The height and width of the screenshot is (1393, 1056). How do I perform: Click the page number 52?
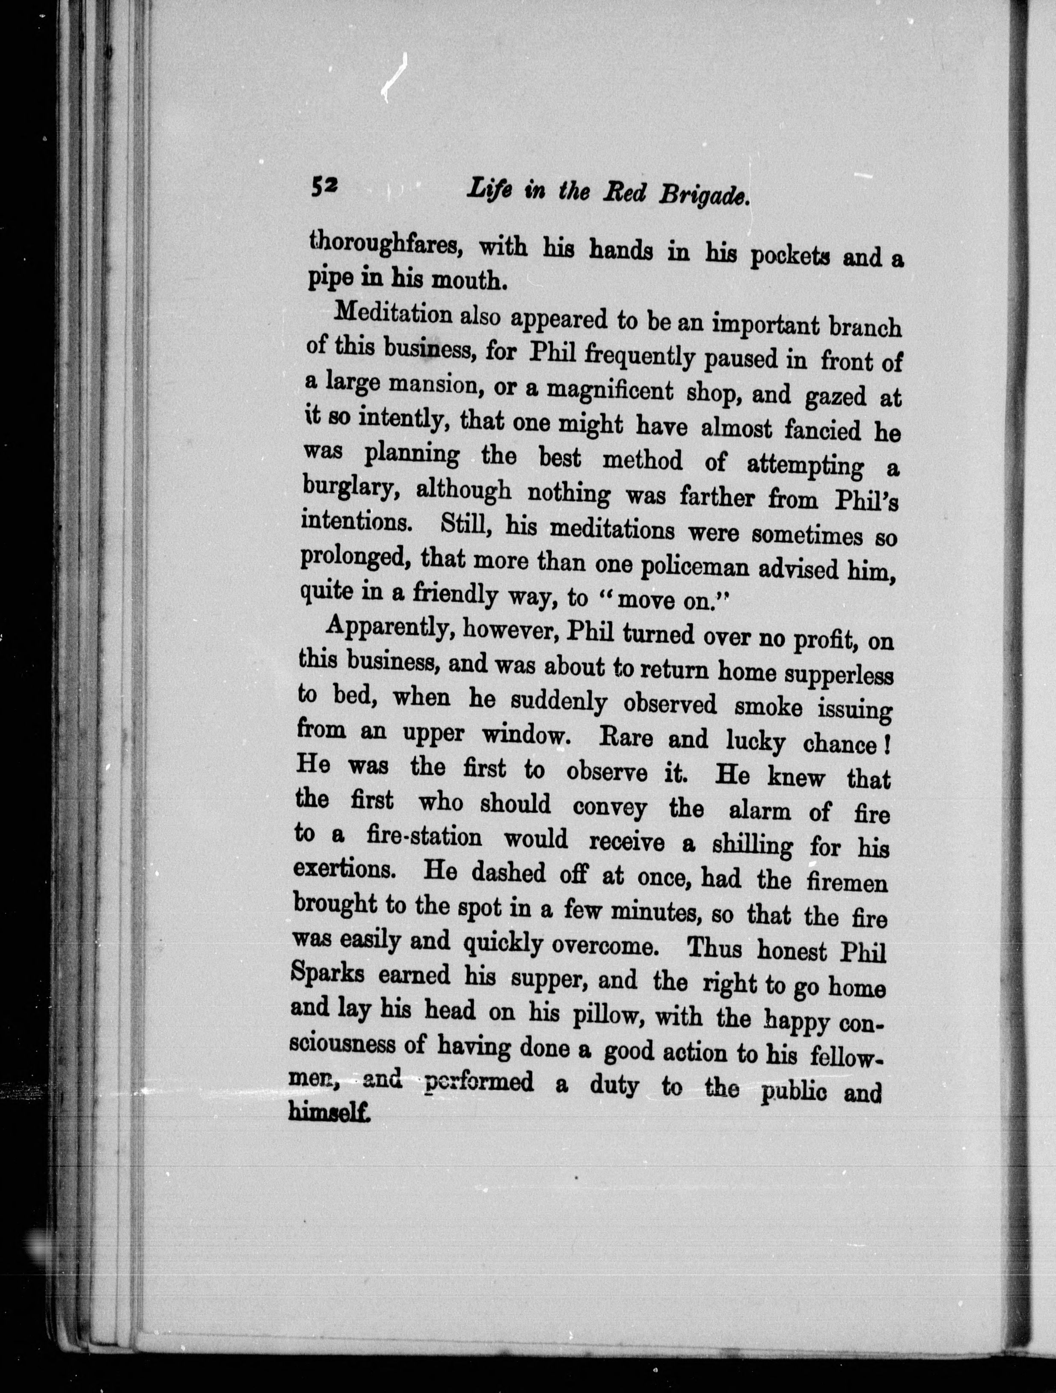click(324, 187)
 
